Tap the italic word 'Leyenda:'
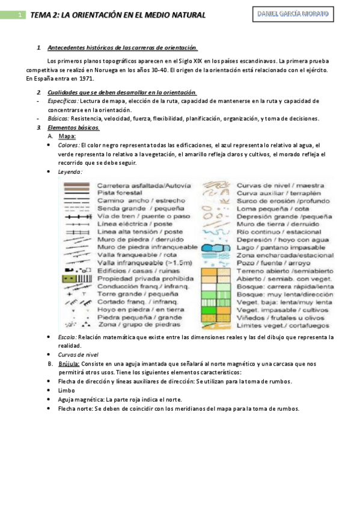(x=70, y=171)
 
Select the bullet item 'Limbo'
(x=66, y=390)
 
